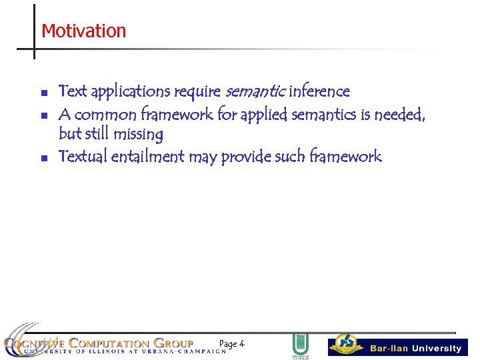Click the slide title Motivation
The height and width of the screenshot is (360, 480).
pyautogui.click(x=83, y=31)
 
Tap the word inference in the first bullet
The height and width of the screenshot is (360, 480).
pyautogui.click(x=319, y=91)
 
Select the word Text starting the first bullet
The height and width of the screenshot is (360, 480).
pyautogui.click(x=73, y=91)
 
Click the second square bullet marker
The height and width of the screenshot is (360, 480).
pyautogui.click(x=43, y=116)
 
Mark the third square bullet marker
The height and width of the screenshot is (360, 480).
pyautogui.click(x=43, y=159)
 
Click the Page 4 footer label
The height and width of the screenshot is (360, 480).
pyautogui.click(x=231, y=344)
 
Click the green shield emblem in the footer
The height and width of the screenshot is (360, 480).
pyautogui.click(x=301, y=345)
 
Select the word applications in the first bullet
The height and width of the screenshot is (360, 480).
pyautogui.click(x=130, y=91)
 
